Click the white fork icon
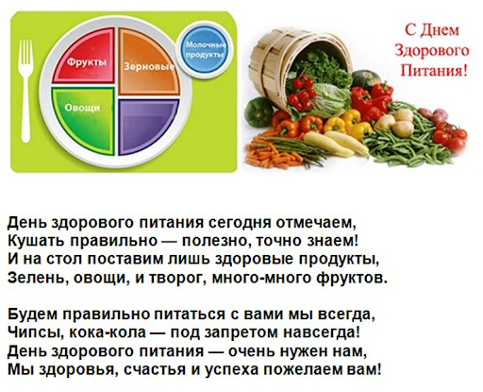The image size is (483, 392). [x=25, y=92]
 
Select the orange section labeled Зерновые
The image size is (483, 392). [x=148, y=61]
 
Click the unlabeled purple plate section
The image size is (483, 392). [x=147, y=126]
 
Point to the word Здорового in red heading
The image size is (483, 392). [x=432, y=50]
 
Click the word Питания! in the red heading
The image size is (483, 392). [x=434, y=71]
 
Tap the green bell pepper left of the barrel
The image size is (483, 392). [x=258, y=112]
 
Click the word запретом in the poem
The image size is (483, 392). [x=241, y=333]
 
